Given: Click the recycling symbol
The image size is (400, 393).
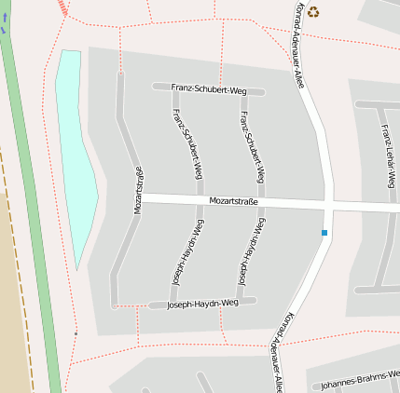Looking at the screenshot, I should [x=313, y=12].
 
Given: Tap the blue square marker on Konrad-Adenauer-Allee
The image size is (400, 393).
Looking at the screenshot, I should [x=324, y=232].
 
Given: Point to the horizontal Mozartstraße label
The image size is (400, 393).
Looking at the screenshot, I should [x=233, y=201].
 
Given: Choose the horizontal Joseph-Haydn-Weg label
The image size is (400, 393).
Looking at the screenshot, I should [x=198, y=304].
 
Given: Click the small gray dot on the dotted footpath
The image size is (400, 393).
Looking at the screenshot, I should [x=76, y=333].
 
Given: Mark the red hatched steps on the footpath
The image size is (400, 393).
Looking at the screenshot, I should [x=63, y=7].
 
